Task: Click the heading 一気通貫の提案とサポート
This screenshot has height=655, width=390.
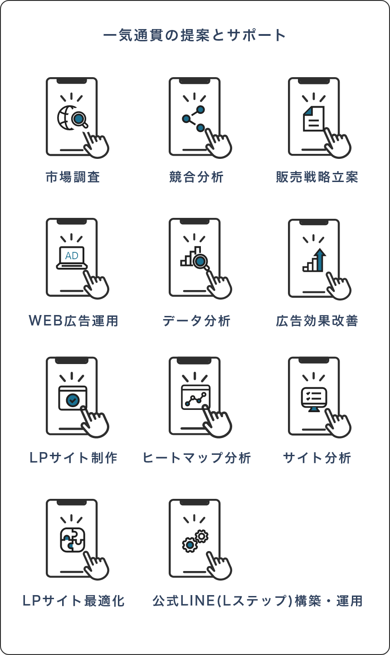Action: click(x=195, y=35)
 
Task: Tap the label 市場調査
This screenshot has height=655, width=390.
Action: click(x=73, y=177)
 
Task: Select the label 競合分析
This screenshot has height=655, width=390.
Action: click(x=196, y=177)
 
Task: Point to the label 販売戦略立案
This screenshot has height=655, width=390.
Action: click(x=317, y=177)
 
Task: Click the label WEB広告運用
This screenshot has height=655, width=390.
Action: click(x=73, y=321)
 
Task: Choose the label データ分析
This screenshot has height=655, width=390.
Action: click(x=196, y=321)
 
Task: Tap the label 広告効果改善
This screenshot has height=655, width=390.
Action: click(x=317, y=321)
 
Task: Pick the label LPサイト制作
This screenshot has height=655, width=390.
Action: click(x=73, y=458)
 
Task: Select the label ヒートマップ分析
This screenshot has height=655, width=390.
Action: click(x=196, y=458)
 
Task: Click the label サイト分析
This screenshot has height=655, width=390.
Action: click(x=317, y=458)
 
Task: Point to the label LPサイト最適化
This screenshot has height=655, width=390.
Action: click(x=73, y=601)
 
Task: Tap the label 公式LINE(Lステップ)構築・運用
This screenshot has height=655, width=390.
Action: click(x=258, y=601)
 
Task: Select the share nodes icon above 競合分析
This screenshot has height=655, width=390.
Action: click(x=194, y=118)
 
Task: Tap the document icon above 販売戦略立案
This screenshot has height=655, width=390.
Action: click(x=314, y=118)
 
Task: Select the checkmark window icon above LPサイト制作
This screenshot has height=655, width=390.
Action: click(x=73, y=399)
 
